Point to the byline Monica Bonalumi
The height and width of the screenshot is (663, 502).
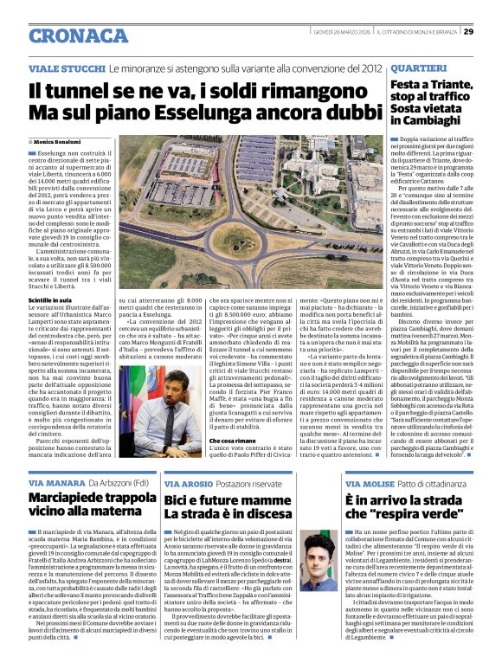[57, 140]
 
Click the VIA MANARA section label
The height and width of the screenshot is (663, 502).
[55, 482]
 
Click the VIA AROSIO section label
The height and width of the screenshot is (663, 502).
[190, 482]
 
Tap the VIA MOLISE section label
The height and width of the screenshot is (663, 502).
[369, 482]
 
